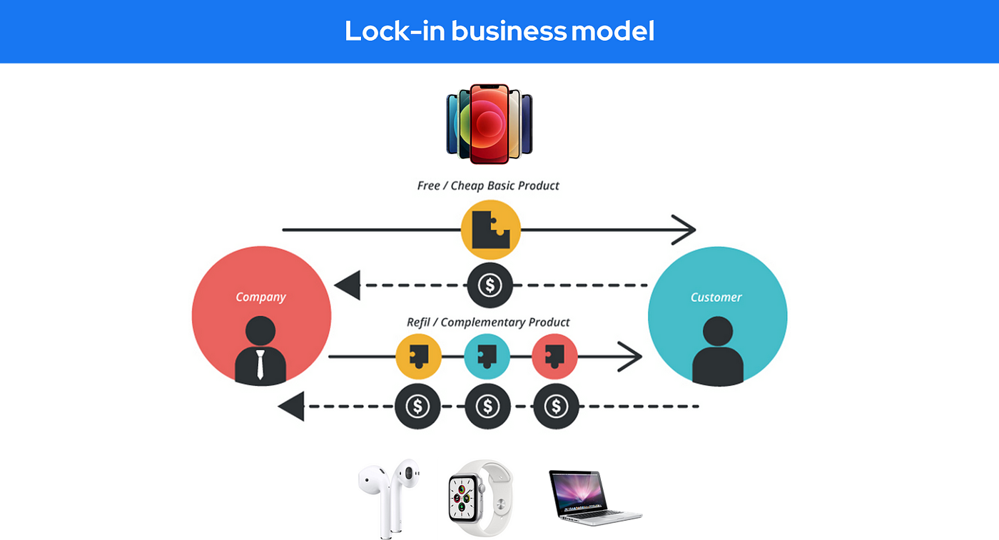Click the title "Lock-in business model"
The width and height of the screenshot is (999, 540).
pos(499,31)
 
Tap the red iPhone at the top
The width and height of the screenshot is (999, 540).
pos(490,123)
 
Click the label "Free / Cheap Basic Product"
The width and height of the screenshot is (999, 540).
pos(488,186)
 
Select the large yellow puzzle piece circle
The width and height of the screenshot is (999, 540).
pos(490,230)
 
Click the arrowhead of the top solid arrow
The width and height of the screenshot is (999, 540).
pos(685,230)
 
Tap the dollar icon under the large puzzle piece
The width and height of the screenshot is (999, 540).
pos(490,285)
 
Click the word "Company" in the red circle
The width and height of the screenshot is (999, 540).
pos(260,297)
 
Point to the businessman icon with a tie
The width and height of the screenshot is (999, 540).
pos(260,350)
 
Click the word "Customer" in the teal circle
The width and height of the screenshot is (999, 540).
pos(716,297)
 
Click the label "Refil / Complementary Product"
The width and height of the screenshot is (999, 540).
pos(488,322)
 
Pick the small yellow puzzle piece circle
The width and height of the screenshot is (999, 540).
pos(419,355)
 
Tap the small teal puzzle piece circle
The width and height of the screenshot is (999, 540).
pos(487,355)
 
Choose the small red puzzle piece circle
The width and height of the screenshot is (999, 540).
pos(555,355)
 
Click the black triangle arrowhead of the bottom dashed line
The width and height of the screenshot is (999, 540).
pos(292,407)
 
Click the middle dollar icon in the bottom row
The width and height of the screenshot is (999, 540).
pos(488,407)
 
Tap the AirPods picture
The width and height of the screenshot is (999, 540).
pos(389,498)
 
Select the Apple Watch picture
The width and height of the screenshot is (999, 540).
pos(480,498)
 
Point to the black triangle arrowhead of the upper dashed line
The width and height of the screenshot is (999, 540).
pos(348,285)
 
